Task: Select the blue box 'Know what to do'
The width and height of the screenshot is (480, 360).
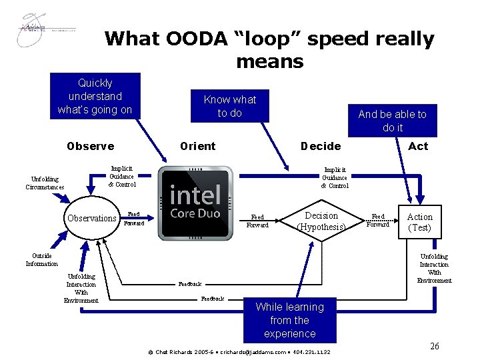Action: pos(229,106)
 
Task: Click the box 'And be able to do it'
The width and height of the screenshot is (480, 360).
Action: pos(392,121)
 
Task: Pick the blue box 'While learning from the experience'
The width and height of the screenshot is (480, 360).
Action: pos(289,320)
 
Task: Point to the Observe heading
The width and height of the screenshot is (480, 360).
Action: pos(90,146)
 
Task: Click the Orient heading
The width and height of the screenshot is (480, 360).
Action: pos(198,146)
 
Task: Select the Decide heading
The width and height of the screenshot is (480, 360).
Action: pos(320,146)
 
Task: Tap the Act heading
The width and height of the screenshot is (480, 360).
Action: pos(418,146)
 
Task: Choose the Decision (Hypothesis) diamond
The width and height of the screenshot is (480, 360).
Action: pos(321,221)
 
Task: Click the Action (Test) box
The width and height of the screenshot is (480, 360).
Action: pos(419,222)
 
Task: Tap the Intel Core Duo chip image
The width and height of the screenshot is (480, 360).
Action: pos(196,202)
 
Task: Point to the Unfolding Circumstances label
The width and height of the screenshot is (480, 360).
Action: pos(45,183)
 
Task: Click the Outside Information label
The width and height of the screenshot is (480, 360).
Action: pos(41,259)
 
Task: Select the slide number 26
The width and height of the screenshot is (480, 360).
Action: pos(434,346)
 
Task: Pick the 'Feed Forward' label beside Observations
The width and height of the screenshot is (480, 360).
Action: pos(134,219)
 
